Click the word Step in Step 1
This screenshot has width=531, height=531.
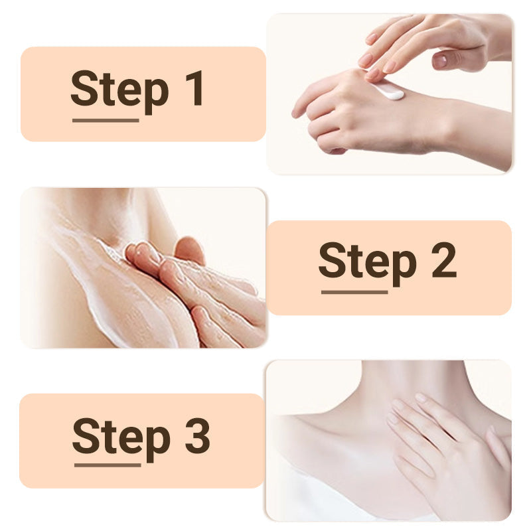point(119,91)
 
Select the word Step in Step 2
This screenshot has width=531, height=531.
point(368,263)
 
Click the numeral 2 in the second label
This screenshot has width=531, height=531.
point(444,260)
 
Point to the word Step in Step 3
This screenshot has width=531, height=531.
point(121,438)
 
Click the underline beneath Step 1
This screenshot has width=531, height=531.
point(106,120)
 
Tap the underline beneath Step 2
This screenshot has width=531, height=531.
point(354,292)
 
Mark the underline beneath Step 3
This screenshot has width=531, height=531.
point(108,465)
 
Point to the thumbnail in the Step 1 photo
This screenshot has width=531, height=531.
point(441,60)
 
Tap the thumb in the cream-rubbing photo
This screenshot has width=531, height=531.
point(190,250)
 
